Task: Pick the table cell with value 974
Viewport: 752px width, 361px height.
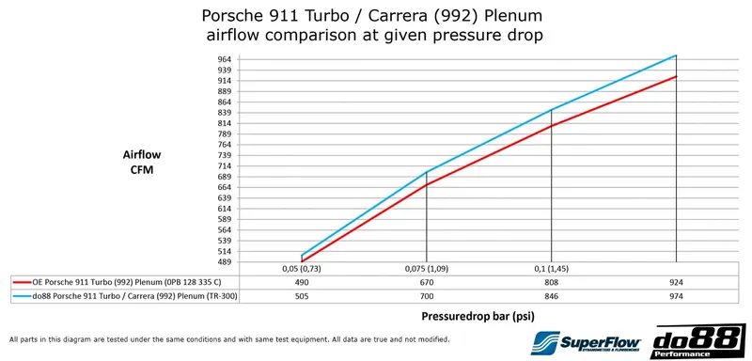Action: tap(676, 295)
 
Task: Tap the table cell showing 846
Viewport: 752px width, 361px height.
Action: tap(551, 295)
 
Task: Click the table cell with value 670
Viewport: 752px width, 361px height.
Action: tap(427, 282)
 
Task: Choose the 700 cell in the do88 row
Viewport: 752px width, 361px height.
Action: tap(427, 295)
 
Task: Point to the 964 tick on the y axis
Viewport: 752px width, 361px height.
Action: tap(225, 59)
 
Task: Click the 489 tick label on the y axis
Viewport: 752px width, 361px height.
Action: tap(225, 262)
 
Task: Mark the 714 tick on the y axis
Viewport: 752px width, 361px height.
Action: tap(225, 165)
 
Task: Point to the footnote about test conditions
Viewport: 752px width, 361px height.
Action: tap(229, 338)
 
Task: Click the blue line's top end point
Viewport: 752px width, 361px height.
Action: tap(676, 55)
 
